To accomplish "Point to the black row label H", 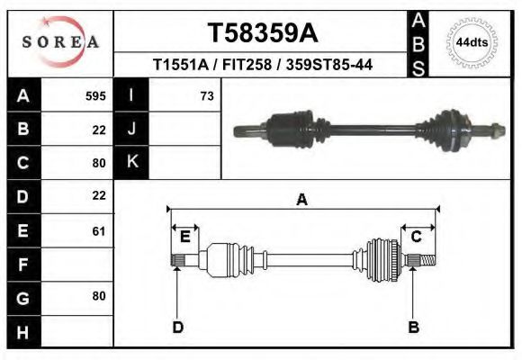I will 22,331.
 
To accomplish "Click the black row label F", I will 22,265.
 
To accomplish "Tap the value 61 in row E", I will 98,231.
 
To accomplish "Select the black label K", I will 132,163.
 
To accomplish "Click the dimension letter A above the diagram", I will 302,200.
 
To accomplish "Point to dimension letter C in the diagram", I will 417,237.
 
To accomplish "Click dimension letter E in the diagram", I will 184,237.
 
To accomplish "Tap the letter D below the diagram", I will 178,327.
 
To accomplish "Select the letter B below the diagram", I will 414,327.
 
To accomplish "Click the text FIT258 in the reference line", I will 248,65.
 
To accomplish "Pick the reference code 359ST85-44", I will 329,65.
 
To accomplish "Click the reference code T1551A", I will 180,65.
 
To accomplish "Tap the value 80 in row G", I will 98,296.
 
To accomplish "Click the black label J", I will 132,130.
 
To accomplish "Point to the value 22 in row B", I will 98,130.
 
